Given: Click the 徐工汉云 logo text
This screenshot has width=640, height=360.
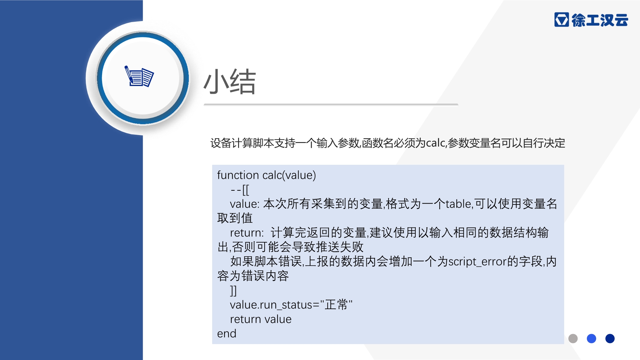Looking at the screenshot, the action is coord(600,20).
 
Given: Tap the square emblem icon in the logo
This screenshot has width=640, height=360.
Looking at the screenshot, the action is coord(562,20).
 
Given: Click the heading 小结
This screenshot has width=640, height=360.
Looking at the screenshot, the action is coord(230,82).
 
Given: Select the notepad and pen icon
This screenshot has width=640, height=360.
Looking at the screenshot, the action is coord(139,76).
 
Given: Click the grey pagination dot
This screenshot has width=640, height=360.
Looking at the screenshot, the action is coord(573,339).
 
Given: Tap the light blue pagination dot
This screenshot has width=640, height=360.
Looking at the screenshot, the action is coord(591,339).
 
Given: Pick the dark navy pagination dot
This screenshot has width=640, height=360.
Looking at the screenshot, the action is coord(610,339).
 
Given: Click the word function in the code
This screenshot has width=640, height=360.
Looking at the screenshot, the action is coord(238,175).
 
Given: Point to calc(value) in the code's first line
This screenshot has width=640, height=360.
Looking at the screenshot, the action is coord(289,175).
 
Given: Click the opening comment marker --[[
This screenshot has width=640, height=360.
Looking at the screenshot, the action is coord(240,190).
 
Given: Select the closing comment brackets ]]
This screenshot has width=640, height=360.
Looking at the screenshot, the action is coord(233,291).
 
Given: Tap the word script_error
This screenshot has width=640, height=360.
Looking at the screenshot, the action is coord(478,262).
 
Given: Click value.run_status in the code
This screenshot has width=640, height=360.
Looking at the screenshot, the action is coord(271,305).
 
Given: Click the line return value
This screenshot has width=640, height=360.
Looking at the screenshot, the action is coord(261,319).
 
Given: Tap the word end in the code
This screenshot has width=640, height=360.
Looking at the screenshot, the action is coord(227,334).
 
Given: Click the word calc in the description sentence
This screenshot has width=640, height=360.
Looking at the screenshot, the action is coord(435,143).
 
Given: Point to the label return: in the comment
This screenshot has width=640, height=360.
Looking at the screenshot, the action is coord(247,233).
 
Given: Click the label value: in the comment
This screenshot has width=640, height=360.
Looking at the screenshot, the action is coord(244,204).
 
